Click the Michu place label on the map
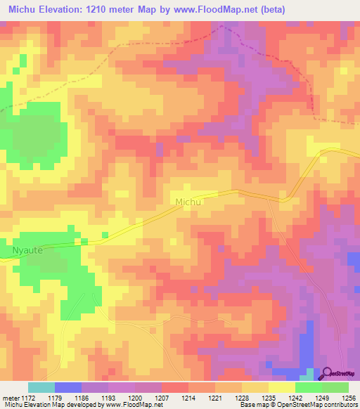point(188,202)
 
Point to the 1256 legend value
point(348,398)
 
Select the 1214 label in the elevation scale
point(188,398)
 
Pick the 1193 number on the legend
point(108,398)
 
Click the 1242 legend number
point(295,398)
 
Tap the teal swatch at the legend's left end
point(41,387)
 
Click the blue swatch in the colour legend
point(68,387)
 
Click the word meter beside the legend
point(11,398)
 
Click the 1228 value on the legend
point(241,398)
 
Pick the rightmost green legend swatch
point(335,387)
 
